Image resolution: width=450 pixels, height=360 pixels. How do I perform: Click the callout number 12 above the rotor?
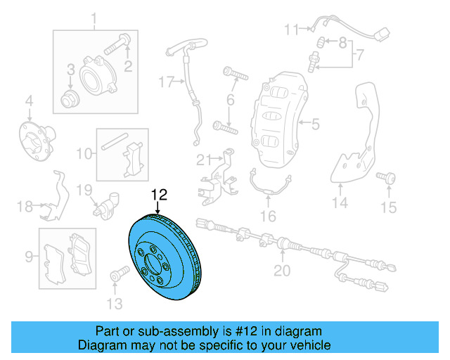(x=160, y=194)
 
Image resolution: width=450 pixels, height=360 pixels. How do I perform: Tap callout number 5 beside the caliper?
(x=315, y=124)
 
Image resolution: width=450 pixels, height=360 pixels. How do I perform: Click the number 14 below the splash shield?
(x=340, y=203)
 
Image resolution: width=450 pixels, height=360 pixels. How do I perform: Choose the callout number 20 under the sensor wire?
(x=281, y=270)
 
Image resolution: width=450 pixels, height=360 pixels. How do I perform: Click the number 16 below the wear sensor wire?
(x=269, y=216)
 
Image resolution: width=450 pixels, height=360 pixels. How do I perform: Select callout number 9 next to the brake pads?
(x=28, y=257)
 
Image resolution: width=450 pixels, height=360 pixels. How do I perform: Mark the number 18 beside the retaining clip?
(x=25, y=206)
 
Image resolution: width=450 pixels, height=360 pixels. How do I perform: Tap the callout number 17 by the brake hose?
(x=165, y=82)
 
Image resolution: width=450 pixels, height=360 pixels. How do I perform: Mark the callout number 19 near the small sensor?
(x=84, y=189)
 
